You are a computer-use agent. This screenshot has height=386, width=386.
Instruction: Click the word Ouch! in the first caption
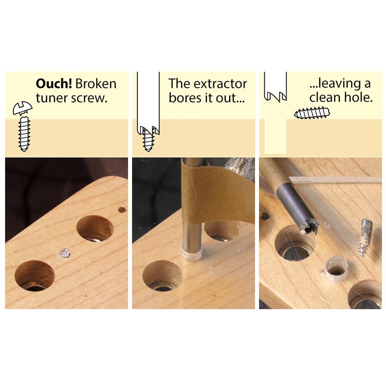click(54, 84)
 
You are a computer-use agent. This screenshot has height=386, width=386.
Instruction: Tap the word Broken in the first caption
click(96, 84)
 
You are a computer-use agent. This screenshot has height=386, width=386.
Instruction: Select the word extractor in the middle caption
click(220, 84)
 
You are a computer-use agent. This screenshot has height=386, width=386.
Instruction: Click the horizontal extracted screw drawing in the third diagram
click(312, 114)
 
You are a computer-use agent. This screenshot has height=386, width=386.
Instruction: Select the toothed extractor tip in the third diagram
click(275, 97)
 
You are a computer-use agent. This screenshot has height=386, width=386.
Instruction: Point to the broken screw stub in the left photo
click(66, 253)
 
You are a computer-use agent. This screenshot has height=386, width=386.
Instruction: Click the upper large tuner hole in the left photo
click(95, 228)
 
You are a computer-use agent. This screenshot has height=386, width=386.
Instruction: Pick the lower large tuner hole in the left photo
click(34, 276)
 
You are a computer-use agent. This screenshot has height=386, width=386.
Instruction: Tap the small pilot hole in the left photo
click(122, 210)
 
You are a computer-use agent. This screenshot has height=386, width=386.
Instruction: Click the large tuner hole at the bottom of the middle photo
click(163, 276)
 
